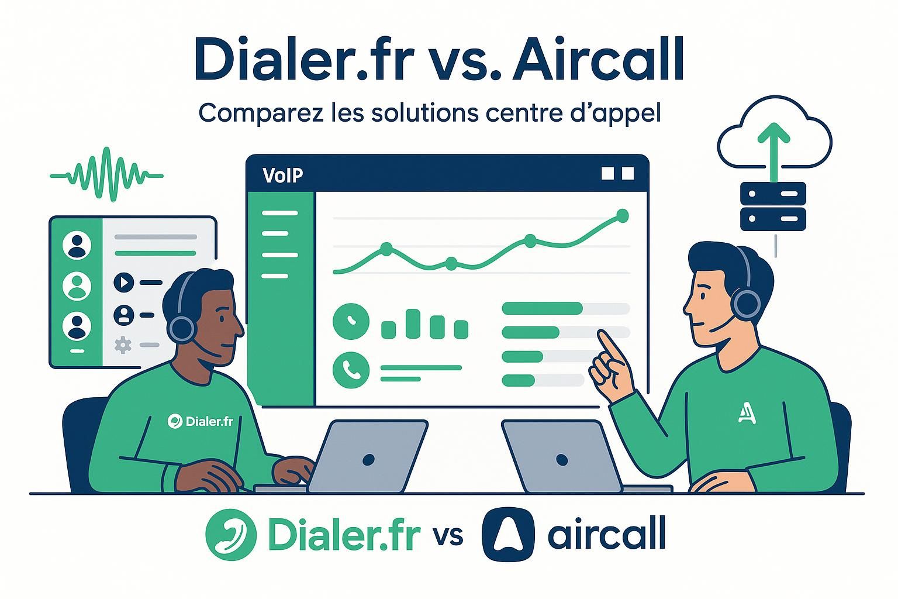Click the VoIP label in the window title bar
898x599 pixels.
pos(283,175)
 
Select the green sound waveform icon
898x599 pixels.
pos(106,174)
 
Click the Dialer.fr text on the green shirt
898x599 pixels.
pos(201,421)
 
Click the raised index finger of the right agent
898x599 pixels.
pos(606,345)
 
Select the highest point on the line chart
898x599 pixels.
pos(623,216)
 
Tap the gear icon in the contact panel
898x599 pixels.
pos(123,345)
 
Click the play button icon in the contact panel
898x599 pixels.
pos(123,283)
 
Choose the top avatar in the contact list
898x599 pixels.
pos(77,245)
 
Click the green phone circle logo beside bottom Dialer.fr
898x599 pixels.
pos(231,533)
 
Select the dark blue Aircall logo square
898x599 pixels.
pos(507,533)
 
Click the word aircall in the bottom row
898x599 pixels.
pos(607,533)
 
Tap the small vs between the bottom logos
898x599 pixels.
pos(448,535)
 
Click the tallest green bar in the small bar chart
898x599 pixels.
pos(413,323)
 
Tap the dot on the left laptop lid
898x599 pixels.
pos(368,460)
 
